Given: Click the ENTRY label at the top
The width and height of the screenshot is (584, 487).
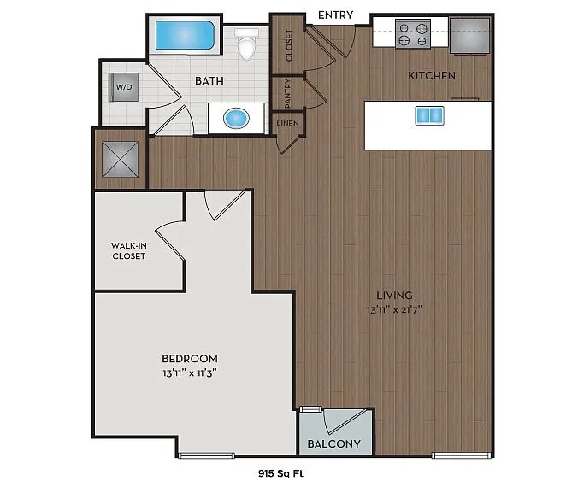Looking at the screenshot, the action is click(x=335, y=15).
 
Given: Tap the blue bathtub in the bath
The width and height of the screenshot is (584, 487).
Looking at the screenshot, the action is click(x=185, y=35).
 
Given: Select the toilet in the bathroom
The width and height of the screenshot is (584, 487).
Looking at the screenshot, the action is click(x=246, y=44).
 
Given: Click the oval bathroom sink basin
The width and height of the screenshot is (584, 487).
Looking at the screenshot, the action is click(x=236, y=119).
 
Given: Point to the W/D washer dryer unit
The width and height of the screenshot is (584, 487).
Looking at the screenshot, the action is click(x=124, y=87).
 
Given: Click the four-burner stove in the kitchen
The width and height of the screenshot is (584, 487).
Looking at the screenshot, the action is click(x=413, y=34).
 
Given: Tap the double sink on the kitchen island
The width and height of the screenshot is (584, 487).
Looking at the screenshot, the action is click(x=430, y=115).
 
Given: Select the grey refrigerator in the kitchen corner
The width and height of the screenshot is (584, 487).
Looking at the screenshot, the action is click(x=469, y=36).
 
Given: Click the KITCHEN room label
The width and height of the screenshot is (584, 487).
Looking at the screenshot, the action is click(x=432, y=76).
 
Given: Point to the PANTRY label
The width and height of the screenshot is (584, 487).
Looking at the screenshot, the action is click(x=287, y=93).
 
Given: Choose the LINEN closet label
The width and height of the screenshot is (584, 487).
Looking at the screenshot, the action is click(x=287, y=123).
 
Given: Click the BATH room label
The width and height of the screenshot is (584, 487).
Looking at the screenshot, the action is click(x=209, y=80).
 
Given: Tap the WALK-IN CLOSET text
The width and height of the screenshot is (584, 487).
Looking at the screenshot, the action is click(x=129, y=250).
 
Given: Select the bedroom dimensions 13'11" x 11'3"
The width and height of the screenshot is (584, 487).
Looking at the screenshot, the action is click(x=190, y=373).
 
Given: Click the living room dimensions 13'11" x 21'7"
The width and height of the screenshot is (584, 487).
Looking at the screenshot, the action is click(x=394, y=309).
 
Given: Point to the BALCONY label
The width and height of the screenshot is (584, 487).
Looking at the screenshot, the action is click(x=334, y=443).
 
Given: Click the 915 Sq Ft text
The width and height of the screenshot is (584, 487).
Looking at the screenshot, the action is click(x=280, y=473).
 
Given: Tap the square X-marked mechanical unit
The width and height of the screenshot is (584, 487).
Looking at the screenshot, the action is click(x=120, y=159).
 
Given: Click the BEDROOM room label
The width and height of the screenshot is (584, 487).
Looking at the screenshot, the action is click(x=190, y=359).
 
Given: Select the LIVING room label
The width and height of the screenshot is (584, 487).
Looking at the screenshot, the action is click(x=394, y=296).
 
